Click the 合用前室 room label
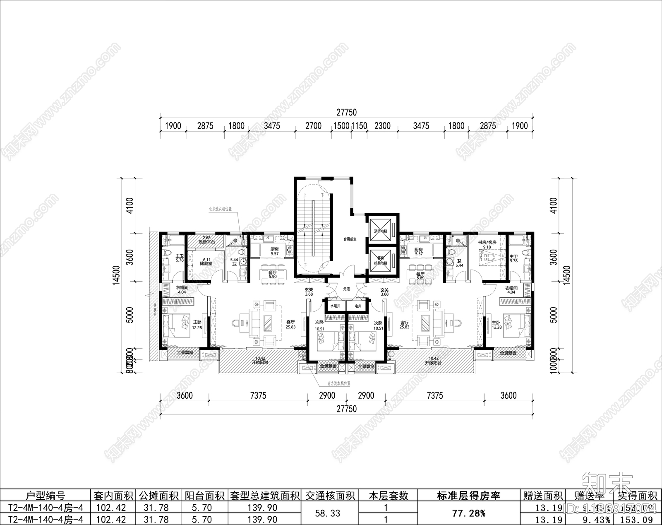[x=350, y=239]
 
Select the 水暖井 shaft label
[x=335, y=306]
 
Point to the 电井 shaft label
[x=357, y=306]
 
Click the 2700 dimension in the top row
[x=313, y=126]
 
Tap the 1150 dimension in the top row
[x=359, y=126]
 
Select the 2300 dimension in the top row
[x=382, y=126]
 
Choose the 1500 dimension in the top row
[x=341, y=126]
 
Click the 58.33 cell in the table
[x=328, y=513]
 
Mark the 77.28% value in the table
[x=469, y=513]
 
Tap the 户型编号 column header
[x=45, y=496]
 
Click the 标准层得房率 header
[x=469, y=496]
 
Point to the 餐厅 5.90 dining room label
[x=272, y=275]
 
